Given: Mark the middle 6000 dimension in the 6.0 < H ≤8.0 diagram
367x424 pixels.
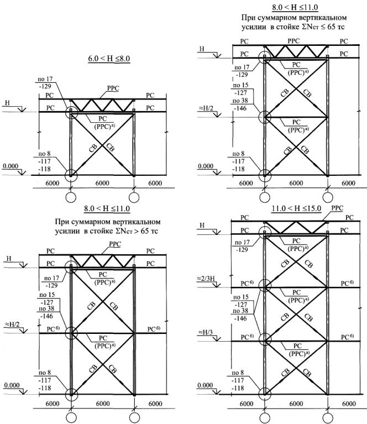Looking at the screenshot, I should click(102, 183).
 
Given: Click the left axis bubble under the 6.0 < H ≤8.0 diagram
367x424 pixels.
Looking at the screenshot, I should click(71, 197).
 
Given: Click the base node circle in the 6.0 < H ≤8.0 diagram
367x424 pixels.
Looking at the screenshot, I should click(71, 175).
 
